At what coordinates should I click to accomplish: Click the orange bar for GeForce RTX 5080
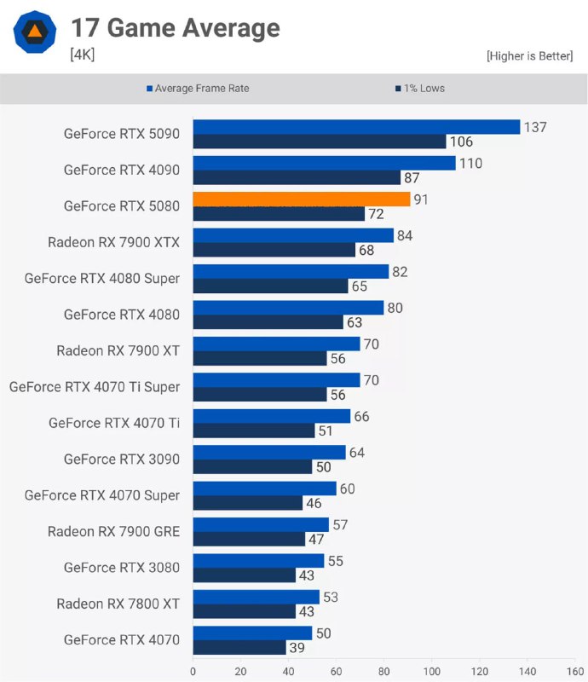tap(302, 199)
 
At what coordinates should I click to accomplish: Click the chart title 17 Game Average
tap(175, 28)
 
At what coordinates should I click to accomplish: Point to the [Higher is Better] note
tap(529, 55)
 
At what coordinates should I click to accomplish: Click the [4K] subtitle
tap(83, 55)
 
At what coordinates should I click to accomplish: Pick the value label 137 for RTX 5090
tap(535, 127)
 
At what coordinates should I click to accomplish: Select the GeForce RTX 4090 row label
tap(121, 170)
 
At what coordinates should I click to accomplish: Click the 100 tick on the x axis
tap(433, 670)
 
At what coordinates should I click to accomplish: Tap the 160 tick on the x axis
tap(576, 670)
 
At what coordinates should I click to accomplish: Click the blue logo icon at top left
tap(35, 33)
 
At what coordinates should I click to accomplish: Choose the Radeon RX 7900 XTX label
tap(113, 242)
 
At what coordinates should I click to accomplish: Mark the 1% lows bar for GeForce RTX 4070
tap(239, 648)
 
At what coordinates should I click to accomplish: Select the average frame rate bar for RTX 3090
tap(269, 452)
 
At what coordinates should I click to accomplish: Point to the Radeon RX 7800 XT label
tap(118, 604)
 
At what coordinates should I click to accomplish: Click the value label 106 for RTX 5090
tap(461, 142)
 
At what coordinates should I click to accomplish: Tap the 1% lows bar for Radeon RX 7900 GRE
tap(249, 540)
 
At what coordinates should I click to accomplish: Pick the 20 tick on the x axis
tap(241, 670)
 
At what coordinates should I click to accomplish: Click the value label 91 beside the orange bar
tap(420, 199)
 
